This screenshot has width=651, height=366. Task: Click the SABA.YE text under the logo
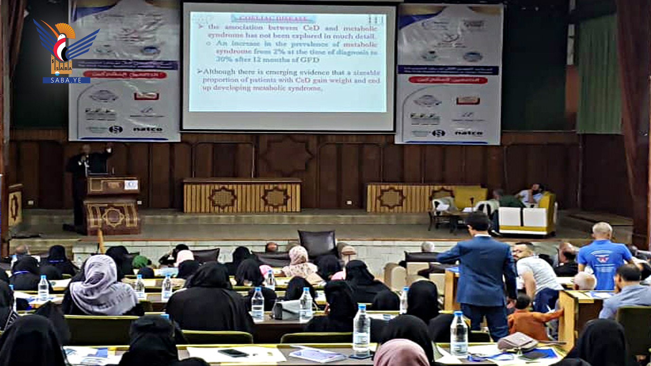pos(66,80)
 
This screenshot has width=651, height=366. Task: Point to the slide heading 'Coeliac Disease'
pos(273,18)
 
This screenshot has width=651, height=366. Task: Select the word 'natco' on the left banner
pos(147,129)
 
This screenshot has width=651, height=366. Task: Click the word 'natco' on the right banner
pos(469,133)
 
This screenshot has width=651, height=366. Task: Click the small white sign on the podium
pos(131,185)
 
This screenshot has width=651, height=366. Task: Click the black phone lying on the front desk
pos(233,353)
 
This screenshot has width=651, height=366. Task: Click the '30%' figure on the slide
pos(224,59)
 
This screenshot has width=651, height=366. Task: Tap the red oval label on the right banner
pos(448,80)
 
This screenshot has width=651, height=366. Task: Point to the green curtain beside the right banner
pos(598,75)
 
